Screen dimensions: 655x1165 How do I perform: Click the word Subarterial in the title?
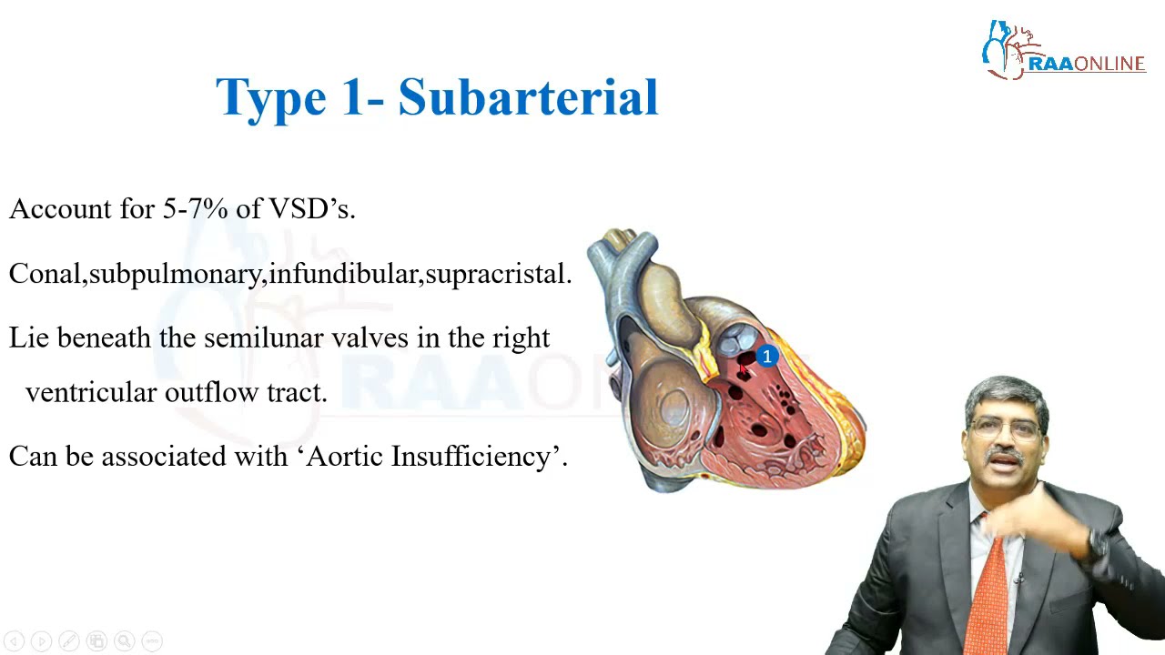point(528,96)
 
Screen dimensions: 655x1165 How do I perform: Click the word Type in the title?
point(270,98)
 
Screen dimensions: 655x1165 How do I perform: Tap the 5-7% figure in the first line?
point(195,209)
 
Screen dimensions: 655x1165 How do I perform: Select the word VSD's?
point(311,209)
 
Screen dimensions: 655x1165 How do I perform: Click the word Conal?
point(45,274)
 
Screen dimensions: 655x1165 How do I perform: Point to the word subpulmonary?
point(175,275)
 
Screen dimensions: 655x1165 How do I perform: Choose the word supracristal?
point(497,274)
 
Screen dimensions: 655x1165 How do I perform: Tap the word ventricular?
point(91,392)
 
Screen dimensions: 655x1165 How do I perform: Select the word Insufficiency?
point(479,456)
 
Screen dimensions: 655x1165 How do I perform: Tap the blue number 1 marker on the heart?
point(767,357)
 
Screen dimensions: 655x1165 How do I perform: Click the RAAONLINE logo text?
point(1086,64)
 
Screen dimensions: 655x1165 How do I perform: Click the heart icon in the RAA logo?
point(1005,50)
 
